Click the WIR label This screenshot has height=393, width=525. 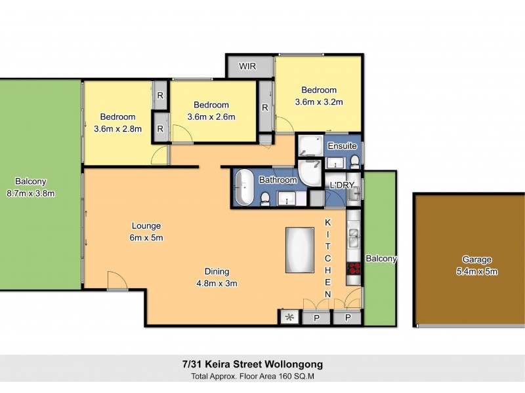tap(247, 67)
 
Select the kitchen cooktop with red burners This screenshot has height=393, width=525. tap(354, 267)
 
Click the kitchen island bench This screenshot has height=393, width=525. tap(300, 250)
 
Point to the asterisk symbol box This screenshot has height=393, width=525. tap(289, 318)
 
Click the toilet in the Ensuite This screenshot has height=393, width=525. tap(354, 161)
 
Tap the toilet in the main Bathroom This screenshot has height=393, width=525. tap(264, 199)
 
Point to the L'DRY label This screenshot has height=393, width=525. tap(342, 185)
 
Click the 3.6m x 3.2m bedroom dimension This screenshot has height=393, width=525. tap(319, 102)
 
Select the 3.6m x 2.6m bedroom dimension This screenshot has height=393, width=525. tap(211, 117)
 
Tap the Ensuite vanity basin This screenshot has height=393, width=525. tap(336, 162)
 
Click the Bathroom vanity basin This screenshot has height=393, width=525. tap(286, 198)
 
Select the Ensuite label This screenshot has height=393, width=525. tap(342, 145)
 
